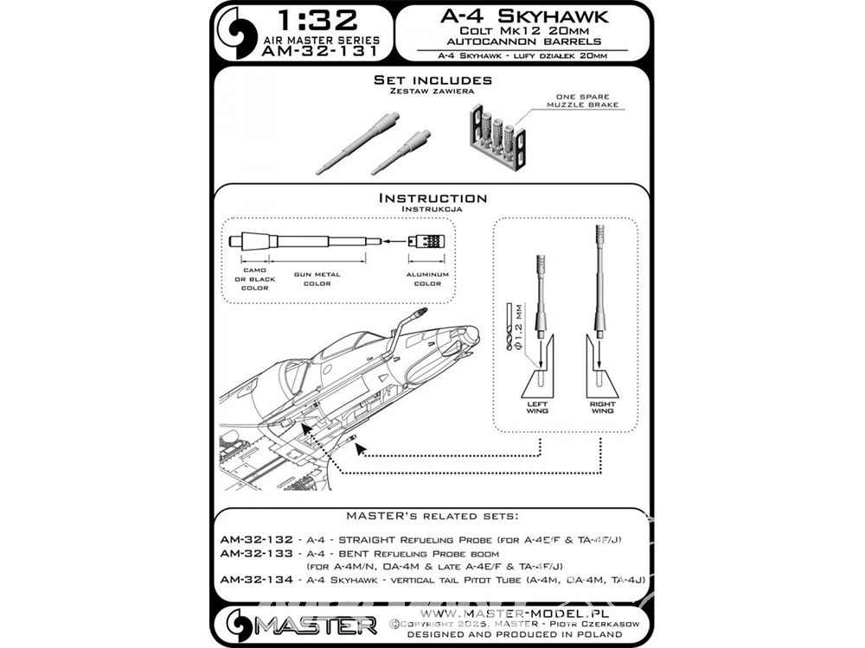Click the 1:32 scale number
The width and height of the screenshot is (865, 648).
coord(317,21)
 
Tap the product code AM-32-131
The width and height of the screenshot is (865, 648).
coord(321,51)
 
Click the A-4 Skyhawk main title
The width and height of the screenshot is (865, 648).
coord(524,16)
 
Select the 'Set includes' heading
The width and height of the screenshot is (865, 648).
coord(432,79)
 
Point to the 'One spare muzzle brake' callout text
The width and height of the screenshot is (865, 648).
coord(582,100)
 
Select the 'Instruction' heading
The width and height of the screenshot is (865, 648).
coord(432,199)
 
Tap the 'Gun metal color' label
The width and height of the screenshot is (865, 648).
coord(317,279)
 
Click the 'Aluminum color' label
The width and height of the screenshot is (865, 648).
coord(427,279)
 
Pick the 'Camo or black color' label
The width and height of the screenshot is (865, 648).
coord(254,279)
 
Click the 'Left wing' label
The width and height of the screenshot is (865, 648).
coord(537,407)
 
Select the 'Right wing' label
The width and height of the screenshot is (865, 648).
coord(602,407)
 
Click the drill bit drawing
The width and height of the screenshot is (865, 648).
coord(509,327)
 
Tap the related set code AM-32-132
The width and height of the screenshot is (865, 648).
coord(257,539)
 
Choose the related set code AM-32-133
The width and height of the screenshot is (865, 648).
coord(257,553)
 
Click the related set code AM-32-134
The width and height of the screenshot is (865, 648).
coord(257,580)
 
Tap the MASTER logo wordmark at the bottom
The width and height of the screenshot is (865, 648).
coord(315,626)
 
